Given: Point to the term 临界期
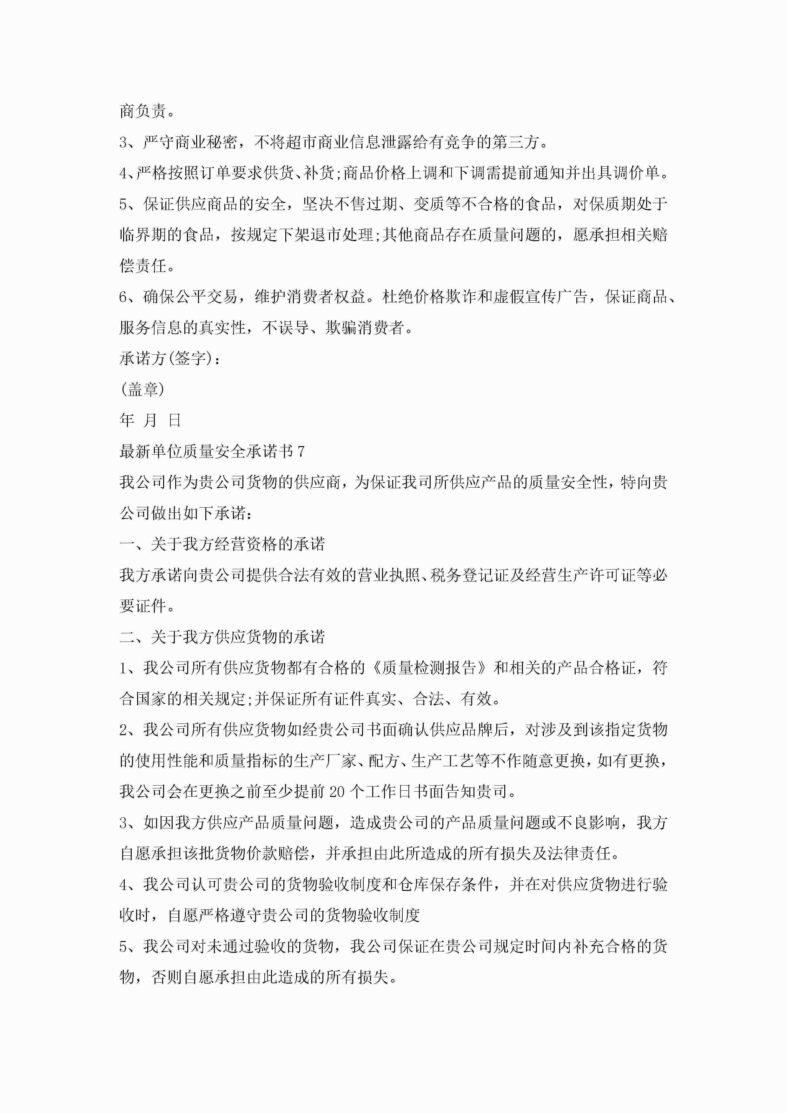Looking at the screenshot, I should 143,235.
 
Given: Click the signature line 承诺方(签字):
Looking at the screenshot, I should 170,359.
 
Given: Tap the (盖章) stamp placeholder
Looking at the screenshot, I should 142,390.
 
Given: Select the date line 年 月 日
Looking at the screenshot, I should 150,420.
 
